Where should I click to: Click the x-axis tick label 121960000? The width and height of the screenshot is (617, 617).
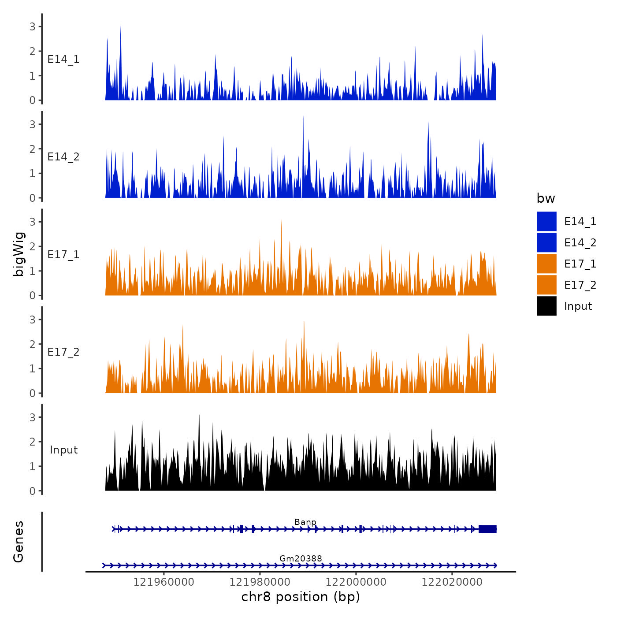click(x=164, y=582)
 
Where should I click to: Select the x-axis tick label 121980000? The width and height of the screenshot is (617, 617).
click(x=260, y=582)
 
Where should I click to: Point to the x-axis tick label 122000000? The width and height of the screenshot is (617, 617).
click(x=356, y=582)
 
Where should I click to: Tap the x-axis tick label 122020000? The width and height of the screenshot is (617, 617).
click(x=452, y=582)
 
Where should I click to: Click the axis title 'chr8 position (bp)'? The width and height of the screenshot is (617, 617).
click(x=301, y=597)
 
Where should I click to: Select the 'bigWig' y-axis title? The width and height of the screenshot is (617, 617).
click(x=19, y=254)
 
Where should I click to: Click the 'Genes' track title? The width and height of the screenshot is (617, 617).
click(x=19, y=542)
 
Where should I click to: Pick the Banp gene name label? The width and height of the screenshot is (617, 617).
click(x=305, y=522)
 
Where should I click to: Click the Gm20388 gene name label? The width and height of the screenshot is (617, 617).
click(x=301, y=559)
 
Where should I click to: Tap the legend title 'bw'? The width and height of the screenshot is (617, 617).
click(x=546, y=199)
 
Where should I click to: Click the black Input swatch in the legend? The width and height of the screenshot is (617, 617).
click(x=546, y=306)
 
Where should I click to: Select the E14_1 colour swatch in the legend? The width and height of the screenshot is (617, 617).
click(x=546, y=221)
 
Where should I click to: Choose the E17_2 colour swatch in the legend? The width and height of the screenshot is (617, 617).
click(x=546, y=285)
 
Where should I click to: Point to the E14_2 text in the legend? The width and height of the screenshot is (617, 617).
click(x=580, y=243)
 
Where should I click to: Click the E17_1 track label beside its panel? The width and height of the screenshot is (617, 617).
click(x=63, y=255)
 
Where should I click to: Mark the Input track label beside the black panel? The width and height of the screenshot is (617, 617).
click(x=63, y=450)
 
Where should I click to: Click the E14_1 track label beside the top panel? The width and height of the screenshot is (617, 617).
click(x=63, y=59)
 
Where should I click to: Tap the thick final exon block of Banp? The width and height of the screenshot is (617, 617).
click(x=487, y=529)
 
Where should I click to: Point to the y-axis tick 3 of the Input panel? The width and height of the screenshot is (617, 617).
click(x=33, y=417)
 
